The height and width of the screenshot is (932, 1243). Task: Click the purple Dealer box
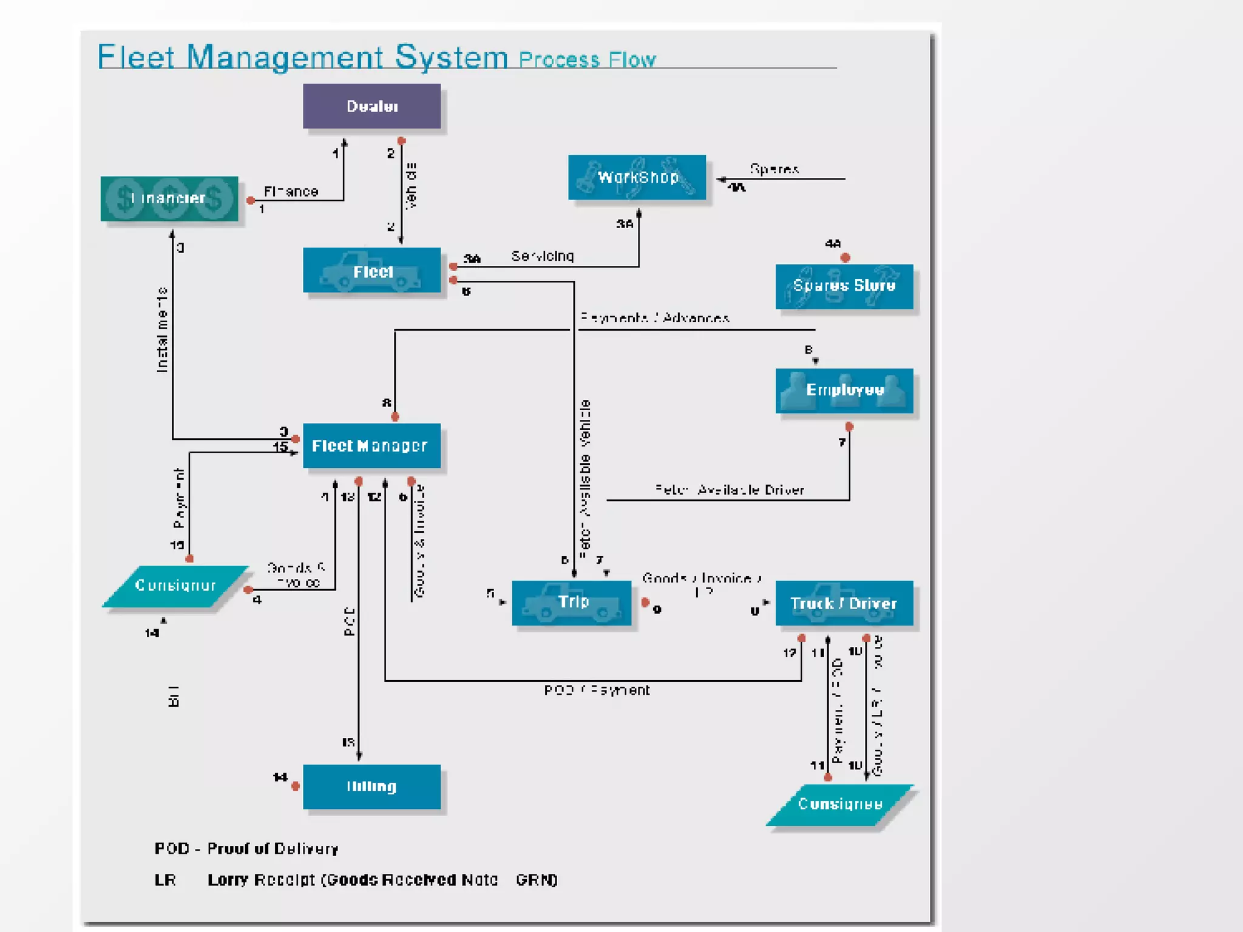pyautogui.click(x=371, y=106)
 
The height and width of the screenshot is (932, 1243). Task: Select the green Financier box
pyautogui.click(x=169, y=198)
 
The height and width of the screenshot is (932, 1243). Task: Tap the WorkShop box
pyautogui.click(x=637, y=177)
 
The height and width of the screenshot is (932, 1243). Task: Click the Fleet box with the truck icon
pyautogui.click(x=371, y=271)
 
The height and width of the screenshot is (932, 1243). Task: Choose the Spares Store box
pyautogui.click(x=844, y=286)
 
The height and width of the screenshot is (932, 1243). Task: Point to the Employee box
pyautogui.click(x=844, y=390)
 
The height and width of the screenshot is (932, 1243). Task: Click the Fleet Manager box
pyautogui.click(x=371, y=446)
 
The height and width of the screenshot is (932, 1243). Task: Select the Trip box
pyautogui.click(x=572, y=603)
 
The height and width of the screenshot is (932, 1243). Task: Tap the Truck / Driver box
pyautogui.click(x=844, y=603)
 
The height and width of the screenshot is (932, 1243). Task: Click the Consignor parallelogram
pyautogui.click(x=175, y=586)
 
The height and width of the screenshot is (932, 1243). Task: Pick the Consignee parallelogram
pyautogui.click(x=839, y=805)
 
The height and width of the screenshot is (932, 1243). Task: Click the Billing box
pyautogui.click(x=371, y=786)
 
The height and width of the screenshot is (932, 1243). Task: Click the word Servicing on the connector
pyautogui.click(x=543, y=256)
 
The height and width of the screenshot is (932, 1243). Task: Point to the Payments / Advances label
pyautogui.click(x=654, y=318)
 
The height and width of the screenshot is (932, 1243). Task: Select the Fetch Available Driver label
pyautogui.click(x=730, y=490)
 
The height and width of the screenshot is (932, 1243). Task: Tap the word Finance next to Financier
pyautogui.click(x=291, y=192)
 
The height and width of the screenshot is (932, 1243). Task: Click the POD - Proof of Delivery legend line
pyautogui.click(x=246, y=848)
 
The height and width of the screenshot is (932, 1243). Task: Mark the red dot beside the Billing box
pyautogui.click(x=296, y=786)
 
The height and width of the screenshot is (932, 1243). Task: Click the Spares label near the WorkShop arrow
pyautogui.click(x=774, y=169)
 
